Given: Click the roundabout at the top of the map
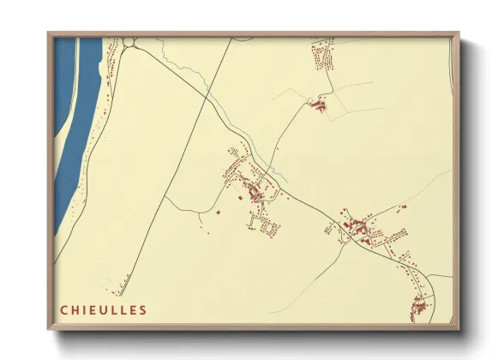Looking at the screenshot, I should [129, 41].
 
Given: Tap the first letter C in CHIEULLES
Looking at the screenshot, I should [63, 310].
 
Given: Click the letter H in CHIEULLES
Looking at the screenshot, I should [76, 310].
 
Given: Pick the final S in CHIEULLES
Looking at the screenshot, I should [142, 310].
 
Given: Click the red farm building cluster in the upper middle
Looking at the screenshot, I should [319, 106].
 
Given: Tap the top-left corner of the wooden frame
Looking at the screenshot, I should [50, 34].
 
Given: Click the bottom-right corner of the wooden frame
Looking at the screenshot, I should [457, 328].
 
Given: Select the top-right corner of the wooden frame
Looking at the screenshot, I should [457, 34].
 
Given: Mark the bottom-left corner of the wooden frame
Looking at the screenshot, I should [50, 328].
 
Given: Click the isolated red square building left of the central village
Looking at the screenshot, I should [218, 211].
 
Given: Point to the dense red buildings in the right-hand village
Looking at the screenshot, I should [355, 226].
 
